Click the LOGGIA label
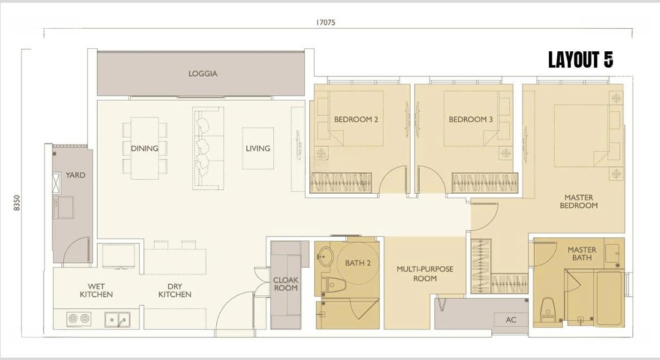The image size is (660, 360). coord(203,74)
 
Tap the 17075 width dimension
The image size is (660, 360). coord(326,23)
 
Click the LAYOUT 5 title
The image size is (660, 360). coord(581,61)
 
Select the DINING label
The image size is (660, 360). coord(144,148)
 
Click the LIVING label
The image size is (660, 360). coord(258,148)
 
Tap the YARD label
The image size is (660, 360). coord(75,175)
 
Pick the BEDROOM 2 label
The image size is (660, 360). coord(356,120)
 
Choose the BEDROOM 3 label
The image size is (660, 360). coord(471,120)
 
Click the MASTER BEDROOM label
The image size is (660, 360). coord(579,201)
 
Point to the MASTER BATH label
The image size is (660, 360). coord(582,254)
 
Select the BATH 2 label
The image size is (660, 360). coord(358,263)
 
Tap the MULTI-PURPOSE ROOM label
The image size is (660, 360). coord(425,274)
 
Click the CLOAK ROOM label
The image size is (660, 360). coord(286,284)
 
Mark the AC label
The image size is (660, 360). coord(511,320)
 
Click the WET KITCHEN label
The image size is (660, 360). coord(97,290)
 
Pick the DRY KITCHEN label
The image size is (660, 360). coord(175,290)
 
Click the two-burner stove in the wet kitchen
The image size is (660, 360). coord(79,319)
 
